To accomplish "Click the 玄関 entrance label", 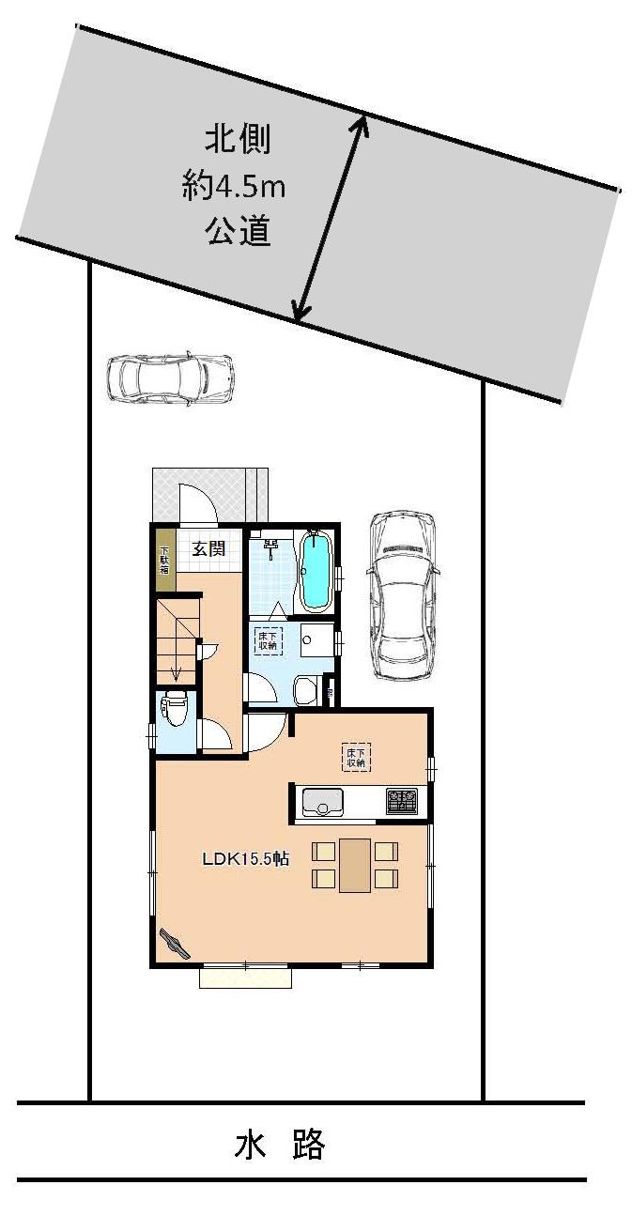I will pos(208,548).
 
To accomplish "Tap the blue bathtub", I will pos(316,572).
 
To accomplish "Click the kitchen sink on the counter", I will pos(322,803).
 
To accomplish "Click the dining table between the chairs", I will pos(355,865).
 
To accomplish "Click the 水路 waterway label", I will pos(279,1146).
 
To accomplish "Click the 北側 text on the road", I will pos(239,141).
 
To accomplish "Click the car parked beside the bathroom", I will pos(403,594).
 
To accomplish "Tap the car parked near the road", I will pos(170,377).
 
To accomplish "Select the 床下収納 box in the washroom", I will pos(267,639).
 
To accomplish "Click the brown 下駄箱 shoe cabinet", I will pos(164,562).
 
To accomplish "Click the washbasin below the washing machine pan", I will pos(306,693).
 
